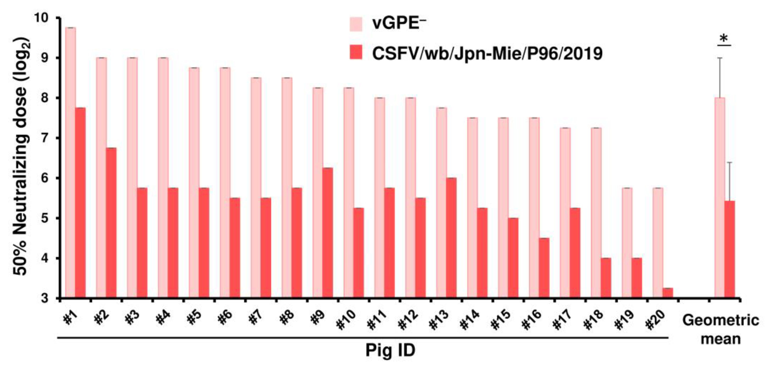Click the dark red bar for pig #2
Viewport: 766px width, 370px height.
click(111, 223)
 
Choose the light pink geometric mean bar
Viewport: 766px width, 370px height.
click(720, 197)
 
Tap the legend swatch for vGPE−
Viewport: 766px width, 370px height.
click(356, 24)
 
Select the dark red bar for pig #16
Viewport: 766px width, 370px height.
click(544, 267)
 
